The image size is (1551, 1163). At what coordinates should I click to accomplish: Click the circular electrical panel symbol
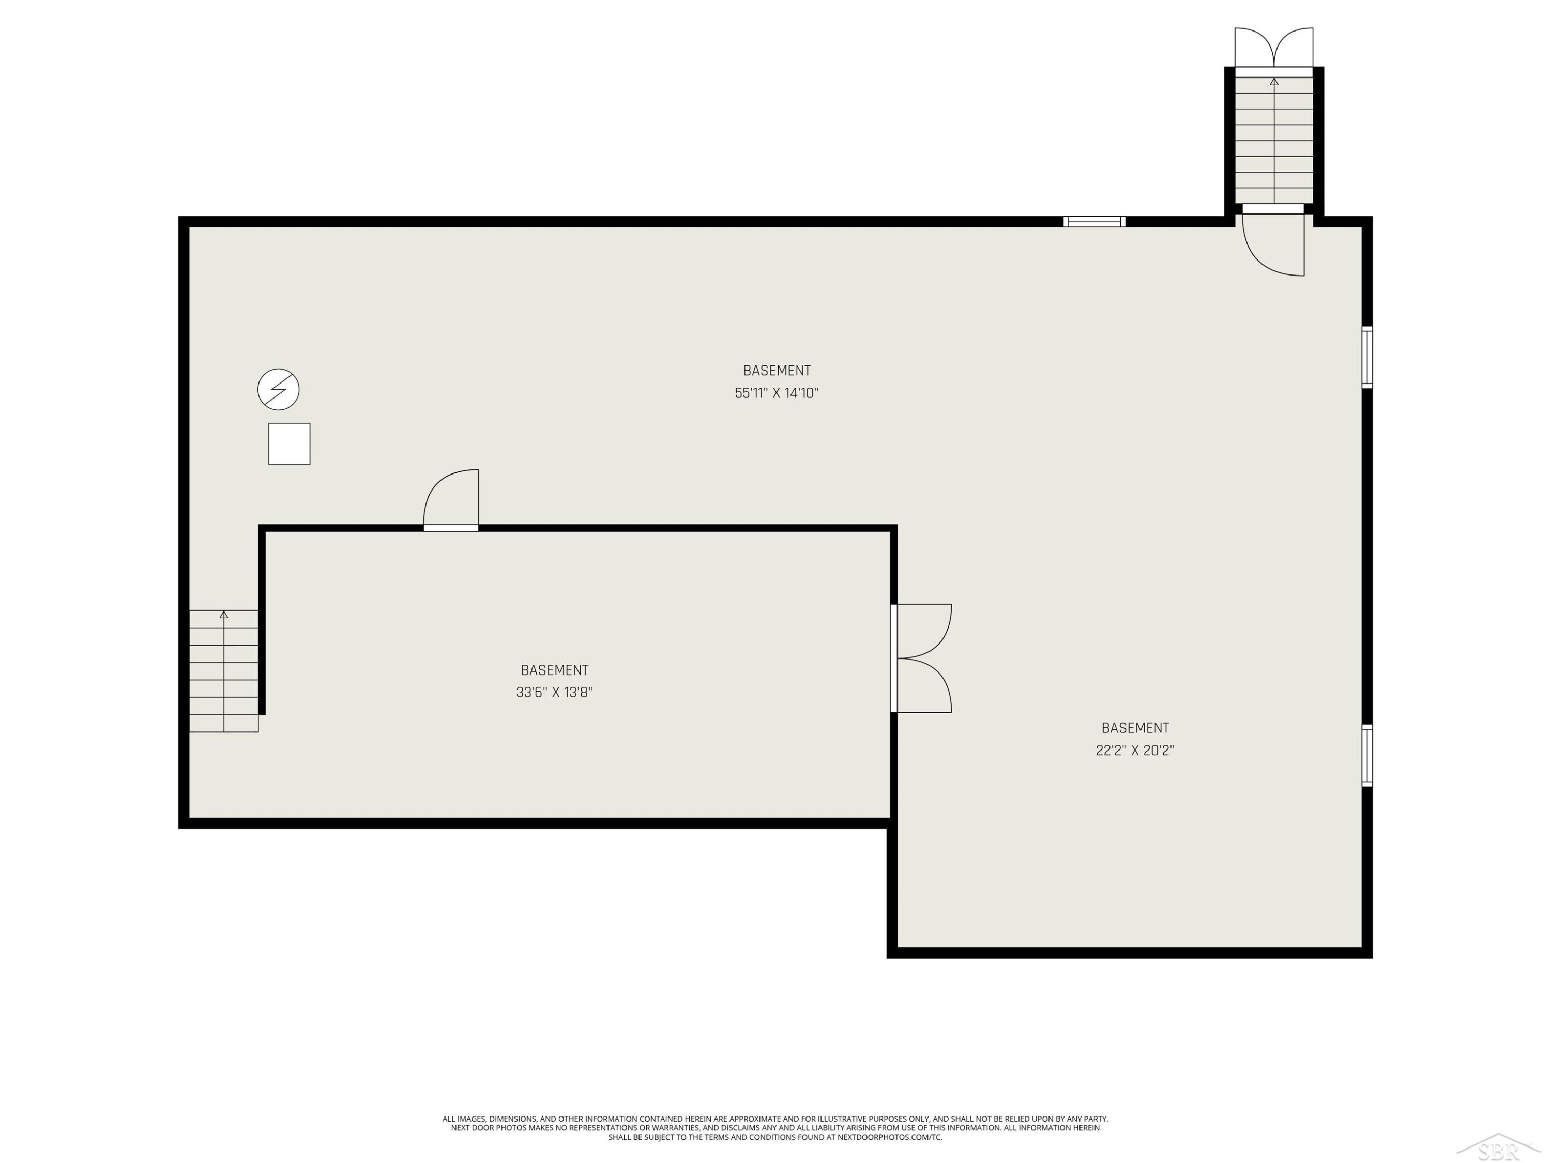point(278,389)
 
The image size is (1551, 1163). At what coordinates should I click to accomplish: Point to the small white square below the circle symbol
point(289,443)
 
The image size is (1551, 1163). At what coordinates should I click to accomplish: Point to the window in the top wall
point(1094,222)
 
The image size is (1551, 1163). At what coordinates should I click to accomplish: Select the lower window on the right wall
point(1366,755)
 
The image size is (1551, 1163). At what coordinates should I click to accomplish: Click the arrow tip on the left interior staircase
point(224,612)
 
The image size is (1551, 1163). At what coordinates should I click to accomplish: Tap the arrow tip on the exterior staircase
point(1274,79)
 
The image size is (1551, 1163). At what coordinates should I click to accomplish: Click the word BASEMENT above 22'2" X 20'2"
point(1135,728)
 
